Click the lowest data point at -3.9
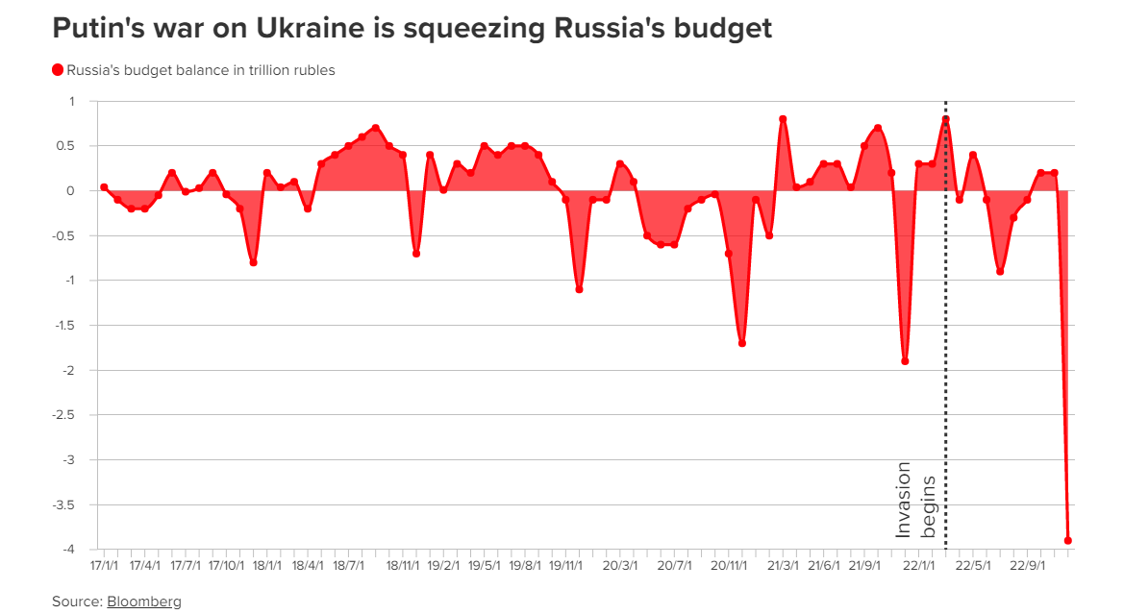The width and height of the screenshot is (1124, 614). point(1068,541)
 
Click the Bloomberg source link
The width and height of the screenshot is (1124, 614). point(144,602)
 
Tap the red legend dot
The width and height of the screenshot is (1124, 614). point(58,70)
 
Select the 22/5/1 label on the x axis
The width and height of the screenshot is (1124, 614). point(977,566)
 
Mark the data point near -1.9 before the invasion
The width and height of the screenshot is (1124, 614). point(905,361)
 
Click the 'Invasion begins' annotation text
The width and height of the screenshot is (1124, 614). point(915,499)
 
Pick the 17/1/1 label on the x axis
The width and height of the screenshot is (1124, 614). point(104,566)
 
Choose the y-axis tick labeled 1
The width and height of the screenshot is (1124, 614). point(70,101)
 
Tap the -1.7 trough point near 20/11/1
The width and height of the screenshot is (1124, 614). point(742,343)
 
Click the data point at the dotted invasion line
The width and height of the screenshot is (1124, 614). point(946,119)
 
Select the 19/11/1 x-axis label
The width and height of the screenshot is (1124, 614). point(566,566)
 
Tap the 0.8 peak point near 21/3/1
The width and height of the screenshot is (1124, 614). point(783,119)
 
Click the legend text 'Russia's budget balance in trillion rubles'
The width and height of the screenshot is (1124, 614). point(201,70)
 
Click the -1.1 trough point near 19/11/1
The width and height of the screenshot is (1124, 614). point(579,289)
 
